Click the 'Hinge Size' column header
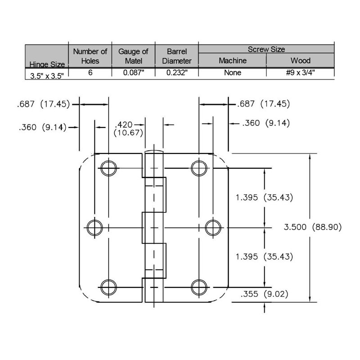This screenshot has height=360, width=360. [47, 64]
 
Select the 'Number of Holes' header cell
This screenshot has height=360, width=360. [90, 56]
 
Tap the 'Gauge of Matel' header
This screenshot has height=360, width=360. [133, 56]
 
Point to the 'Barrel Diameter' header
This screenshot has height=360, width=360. [176, 56]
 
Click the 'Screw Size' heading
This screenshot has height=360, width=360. [266, 49]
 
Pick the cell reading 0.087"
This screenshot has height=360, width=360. [133, 72]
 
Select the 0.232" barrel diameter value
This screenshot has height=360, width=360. [177, 72]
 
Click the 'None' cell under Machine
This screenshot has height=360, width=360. [233, 72]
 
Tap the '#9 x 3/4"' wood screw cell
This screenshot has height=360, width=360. [300, 72]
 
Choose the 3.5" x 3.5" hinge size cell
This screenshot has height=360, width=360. [47, 76]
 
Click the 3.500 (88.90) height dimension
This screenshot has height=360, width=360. [313, 227]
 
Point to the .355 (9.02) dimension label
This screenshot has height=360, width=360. [264, 294]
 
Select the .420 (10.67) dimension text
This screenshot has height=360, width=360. [128, 129]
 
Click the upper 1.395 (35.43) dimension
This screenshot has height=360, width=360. [264, 198]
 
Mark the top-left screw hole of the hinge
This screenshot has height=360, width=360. [108, 168]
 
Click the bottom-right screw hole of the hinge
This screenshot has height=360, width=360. [199, 287]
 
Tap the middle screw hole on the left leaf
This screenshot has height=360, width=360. [94, 228]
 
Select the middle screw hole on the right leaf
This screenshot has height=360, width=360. [213, 228]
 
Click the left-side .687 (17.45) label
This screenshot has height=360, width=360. [43, 104]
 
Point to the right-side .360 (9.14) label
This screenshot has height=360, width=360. [266, 123]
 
